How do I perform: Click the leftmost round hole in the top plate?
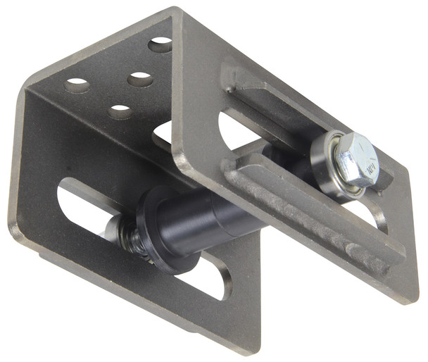point(77,86)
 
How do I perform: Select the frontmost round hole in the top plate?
point(120,111)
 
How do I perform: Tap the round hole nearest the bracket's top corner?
point(160,45)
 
